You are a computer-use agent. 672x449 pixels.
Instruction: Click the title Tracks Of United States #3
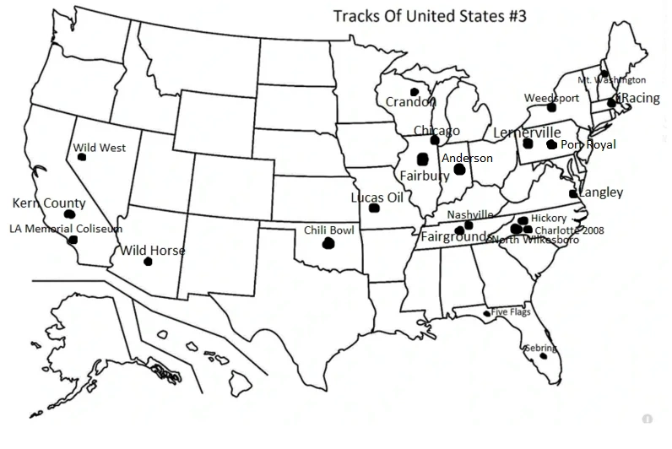(x=430, y=16)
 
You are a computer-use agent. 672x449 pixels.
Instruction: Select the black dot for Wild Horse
(x=149, y=262)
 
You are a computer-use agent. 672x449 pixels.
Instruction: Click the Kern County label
(x=49, y=203)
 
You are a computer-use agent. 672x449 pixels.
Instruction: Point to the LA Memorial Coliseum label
(x=66, y=228)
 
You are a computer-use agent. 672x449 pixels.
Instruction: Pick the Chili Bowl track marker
(x=328, y=244)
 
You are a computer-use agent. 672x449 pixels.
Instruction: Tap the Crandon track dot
(x=415, y=92)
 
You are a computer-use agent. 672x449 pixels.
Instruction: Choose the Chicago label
(x=436, y=131)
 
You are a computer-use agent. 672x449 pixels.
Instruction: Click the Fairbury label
(x=425, y=176)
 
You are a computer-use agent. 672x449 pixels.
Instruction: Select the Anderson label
(x=467, y=159)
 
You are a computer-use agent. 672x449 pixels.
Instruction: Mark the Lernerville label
(x=527, y=133)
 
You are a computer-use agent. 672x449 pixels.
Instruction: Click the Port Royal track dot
(x=551, y=145)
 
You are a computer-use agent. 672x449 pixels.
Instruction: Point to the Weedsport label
(x=551, y=98)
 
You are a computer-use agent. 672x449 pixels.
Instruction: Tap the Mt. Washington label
(x=611, y=80)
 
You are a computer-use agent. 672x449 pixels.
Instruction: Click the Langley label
(x=601, y=192)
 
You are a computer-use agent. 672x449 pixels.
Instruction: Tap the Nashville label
(x=470, y=214)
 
